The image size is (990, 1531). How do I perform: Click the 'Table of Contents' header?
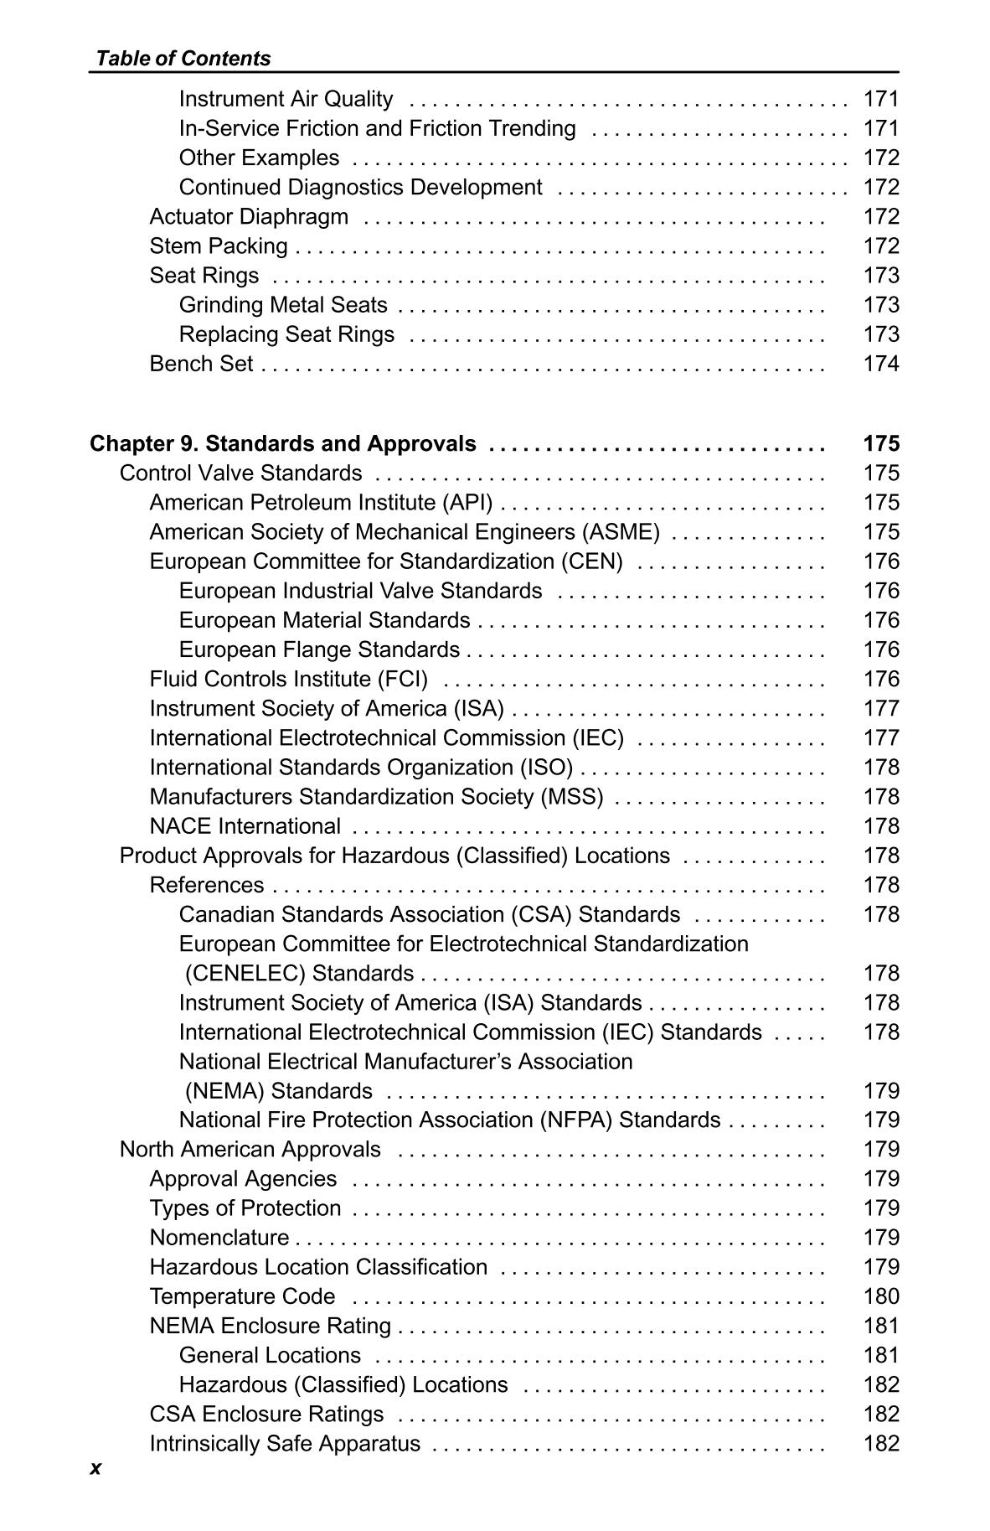(x=183, y=58)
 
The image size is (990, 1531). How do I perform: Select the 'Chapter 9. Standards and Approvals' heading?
(x=283, y=443)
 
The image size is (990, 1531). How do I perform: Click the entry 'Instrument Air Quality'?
(x=286, y=99)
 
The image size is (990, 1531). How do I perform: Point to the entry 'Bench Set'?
(x=201, y=364)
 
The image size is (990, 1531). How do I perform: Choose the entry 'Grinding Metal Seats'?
(x=283, y=305)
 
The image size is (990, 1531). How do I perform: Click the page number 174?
(x=880, y=364)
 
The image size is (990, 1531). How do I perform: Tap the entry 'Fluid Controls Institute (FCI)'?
(x=288, y=679)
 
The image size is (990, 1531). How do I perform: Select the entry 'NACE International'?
(x=245, y=826)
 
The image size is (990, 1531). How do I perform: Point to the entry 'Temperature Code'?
(x=242, y=1296)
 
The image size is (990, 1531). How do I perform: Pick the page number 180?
(x=880, y=1296)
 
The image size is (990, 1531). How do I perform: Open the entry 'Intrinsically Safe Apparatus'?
(x=285, y=1444)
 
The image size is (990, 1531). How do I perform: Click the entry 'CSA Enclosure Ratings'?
(x=266, y=1414)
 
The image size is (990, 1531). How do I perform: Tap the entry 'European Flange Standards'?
(x=319, y=649)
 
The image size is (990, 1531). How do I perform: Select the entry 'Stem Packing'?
(x=218, y=246)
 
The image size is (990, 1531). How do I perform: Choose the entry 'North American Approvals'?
(x=250, y=1149)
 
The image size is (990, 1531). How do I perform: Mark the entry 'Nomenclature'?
(x=219, y=1238)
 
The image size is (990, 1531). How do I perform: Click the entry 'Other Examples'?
(x=259, y=158)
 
